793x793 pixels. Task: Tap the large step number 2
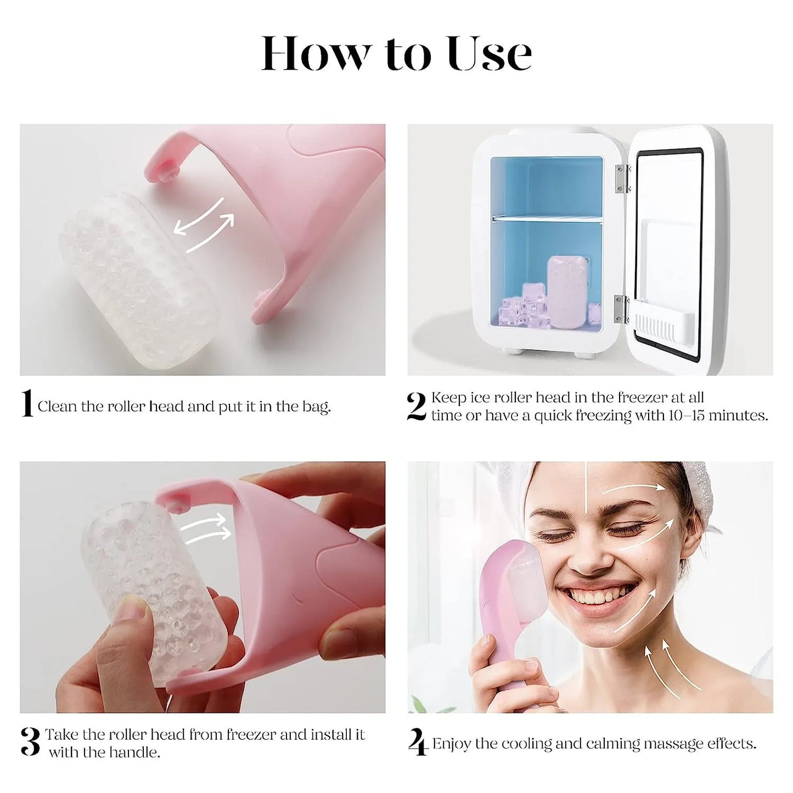tap(417, 407)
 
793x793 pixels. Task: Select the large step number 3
tap(31, 742)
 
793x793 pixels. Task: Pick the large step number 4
tap(418, 743)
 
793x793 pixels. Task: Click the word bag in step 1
tap(316, 407)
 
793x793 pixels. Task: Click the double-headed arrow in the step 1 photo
tap(204, 225)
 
